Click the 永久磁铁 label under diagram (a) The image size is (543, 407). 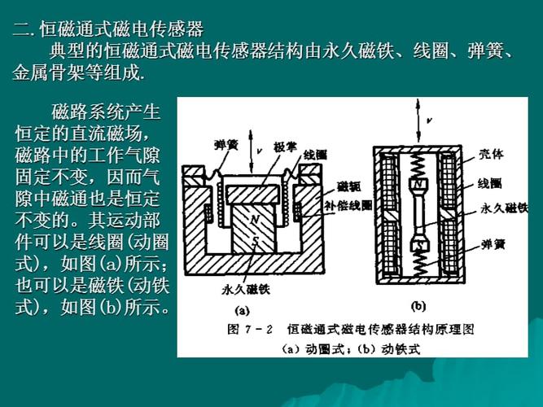pyautogui.click(x=243, y=288)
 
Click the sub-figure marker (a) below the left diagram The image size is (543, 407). pyautogui.click(x=243, y=310)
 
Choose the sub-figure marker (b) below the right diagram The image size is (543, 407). pyautogui.click(x=418, y=308)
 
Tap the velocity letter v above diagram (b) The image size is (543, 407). pyautogui.click(x=430, y=120)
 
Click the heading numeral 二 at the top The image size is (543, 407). pyautogui.click(x=20, y=30)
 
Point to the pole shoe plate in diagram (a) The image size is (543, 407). pyautogui.click(x=259, y=193)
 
